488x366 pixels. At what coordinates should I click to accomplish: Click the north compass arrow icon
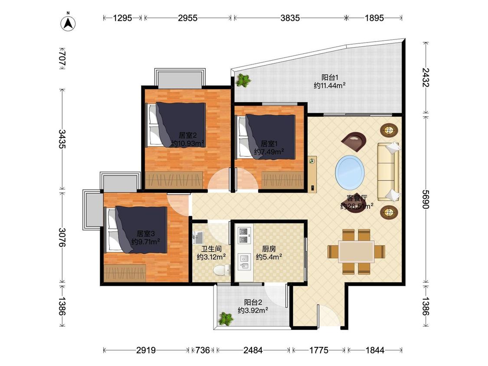(68, 23)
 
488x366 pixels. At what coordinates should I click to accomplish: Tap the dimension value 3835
(290, 18)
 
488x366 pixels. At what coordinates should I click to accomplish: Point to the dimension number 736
(203, 350)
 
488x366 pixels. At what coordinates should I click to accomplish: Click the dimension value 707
(62, 58)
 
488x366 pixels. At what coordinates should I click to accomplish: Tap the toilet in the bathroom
(222, 270)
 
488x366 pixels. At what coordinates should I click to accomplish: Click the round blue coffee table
(350, 172)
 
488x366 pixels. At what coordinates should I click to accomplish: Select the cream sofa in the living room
(388, 171)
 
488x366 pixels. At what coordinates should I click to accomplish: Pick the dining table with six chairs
(357, 252)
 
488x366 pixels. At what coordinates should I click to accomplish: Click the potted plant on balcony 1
(243, 80)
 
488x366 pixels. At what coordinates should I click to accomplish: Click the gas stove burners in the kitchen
(244, 235)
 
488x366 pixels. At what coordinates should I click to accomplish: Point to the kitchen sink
(244, 261)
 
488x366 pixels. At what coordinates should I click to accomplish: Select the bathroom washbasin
(197, 238)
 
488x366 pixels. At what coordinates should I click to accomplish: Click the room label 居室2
(188, 135)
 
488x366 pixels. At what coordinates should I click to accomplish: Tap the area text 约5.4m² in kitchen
(269, 257)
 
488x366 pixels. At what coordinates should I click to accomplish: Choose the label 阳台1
(330, 78)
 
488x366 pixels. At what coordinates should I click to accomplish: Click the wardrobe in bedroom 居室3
(125, 273)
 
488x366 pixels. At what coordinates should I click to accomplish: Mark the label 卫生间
(211, 249)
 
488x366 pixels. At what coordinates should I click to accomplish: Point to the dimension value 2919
(146, 350)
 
